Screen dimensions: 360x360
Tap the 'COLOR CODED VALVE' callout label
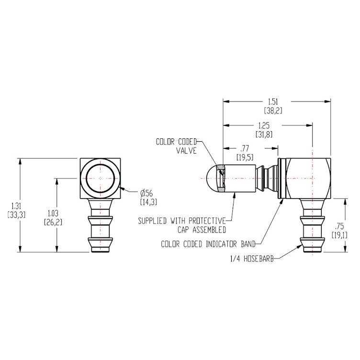(178, 146)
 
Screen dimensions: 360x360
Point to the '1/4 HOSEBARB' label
(253, 259)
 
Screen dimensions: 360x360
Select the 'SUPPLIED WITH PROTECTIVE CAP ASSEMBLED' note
(181, 225)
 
